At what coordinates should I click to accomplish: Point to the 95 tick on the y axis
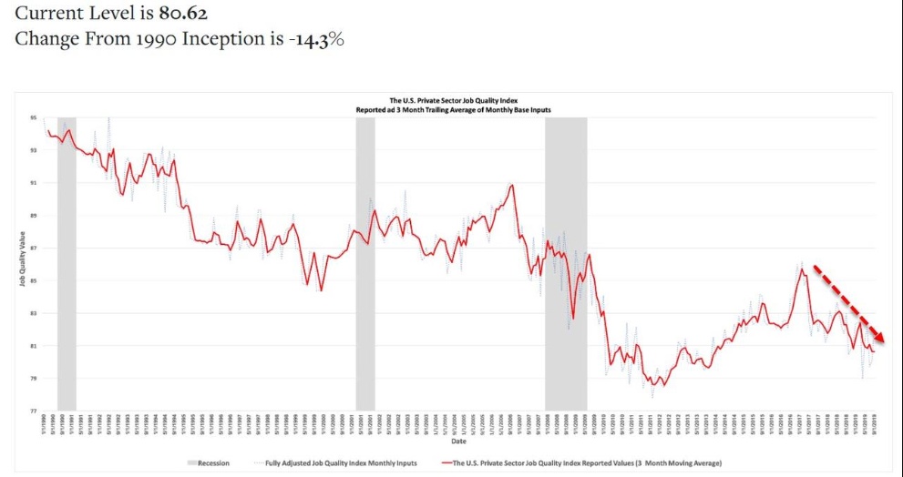point(33,117)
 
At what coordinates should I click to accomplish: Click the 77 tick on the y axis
point(33,411)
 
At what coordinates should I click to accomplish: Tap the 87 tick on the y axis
point(33,249)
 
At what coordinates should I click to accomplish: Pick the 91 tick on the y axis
point(33,183)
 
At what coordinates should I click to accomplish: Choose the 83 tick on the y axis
point(33,313)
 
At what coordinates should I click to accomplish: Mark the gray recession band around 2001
point(365,264)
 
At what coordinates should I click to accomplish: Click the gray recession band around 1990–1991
point(67,264)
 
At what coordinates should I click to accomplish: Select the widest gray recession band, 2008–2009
point(566,264)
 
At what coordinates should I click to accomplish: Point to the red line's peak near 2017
point(801,269)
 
